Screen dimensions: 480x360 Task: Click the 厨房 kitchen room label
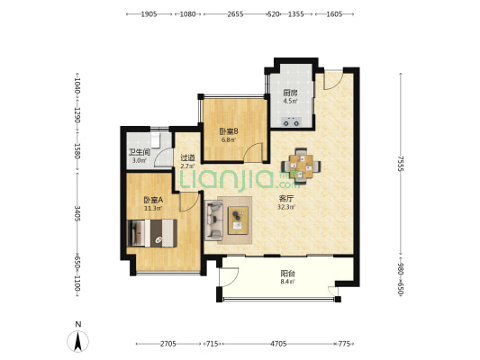290,93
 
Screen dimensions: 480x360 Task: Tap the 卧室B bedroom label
229,131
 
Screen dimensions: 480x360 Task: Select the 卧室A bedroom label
153,200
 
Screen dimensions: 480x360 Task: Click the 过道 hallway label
187,157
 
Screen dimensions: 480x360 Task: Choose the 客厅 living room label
285,199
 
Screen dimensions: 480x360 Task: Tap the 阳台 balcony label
288,274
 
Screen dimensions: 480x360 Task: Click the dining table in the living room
301,166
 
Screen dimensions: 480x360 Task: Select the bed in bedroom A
152,233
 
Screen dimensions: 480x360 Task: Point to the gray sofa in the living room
213,220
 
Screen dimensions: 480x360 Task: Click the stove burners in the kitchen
291,122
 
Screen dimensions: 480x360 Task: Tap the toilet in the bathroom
156,139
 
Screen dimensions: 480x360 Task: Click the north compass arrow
78,341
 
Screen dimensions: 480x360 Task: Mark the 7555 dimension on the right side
401,163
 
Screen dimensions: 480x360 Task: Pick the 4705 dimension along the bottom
278,344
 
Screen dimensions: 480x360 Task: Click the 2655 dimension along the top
235,14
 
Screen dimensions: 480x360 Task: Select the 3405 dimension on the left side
77,213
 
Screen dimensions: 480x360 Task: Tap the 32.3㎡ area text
286,207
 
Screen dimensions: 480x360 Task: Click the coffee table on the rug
238,220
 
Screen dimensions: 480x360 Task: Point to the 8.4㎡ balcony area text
288,282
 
